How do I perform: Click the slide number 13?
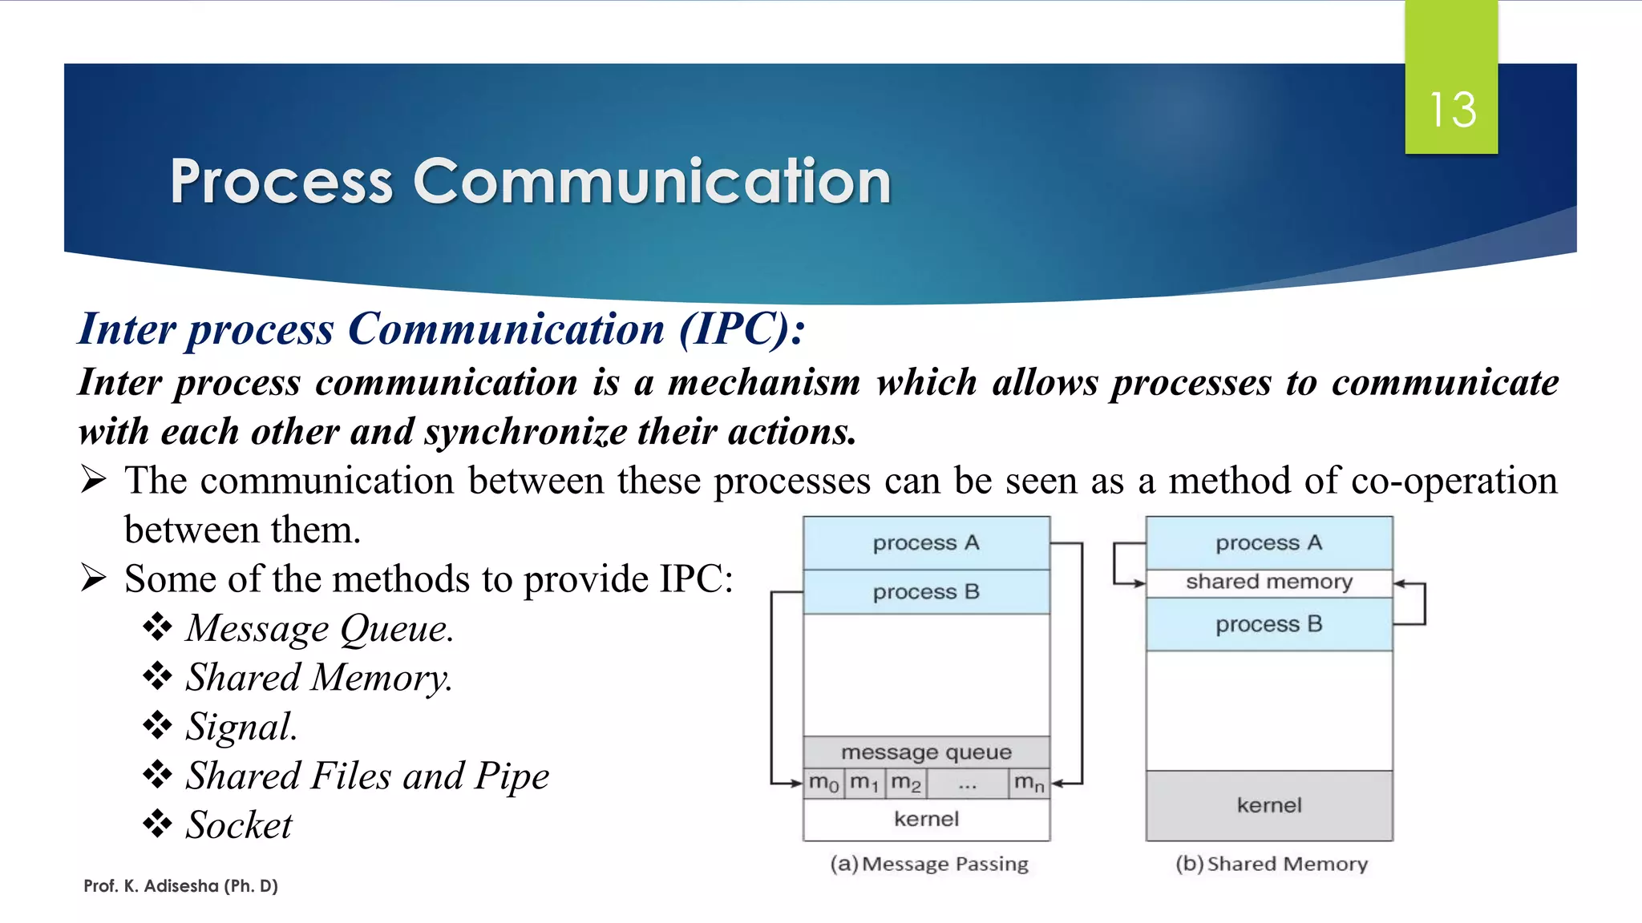point(1452,110)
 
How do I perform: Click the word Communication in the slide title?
point(651,182)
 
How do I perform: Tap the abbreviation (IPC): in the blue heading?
point(742,328)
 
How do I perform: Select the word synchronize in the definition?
point(525,432)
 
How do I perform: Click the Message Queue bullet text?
point(319,628)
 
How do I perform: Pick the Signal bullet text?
point(241,727)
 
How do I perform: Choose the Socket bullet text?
point(239,825)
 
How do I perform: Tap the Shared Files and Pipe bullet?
point(367,776)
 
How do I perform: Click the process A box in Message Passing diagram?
point(926,543)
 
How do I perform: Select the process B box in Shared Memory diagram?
point(1268,624)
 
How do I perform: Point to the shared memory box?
point(1268,582)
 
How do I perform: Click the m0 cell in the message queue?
point(823,783)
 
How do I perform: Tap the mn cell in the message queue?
point(1029,783)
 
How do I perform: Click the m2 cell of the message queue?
point(906,783)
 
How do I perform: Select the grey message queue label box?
point(926,752)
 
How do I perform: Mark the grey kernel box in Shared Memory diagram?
point(1268,805)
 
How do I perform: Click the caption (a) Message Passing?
point(929,864)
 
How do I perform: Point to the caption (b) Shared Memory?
point(1272,864)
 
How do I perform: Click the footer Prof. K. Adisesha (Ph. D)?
point(180,886)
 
